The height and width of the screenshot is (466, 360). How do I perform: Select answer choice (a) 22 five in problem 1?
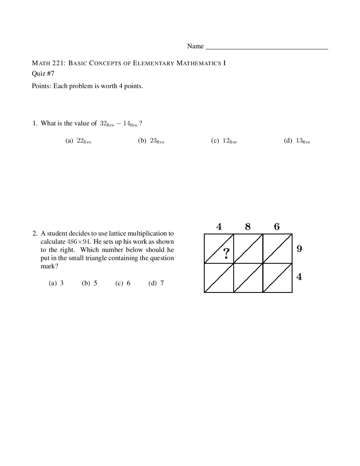[x=78, y=141]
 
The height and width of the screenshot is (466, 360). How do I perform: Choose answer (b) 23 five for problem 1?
[x=151, y=141]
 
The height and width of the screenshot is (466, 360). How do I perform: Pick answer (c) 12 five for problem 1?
[x=224, y=141]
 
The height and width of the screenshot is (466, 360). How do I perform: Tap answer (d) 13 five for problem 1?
[x=297, y=141]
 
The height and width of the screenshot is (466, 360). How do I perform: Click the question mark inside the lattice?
[x=226, y=254]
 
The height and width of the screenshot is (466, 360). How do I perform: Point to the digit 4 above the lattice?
[x=219, y=227]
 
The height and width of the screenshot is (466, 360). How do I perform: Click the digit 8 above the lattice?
[x=248, y=227]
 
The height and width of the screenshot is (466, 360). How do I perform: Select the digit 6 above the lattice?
[x=277, y=227]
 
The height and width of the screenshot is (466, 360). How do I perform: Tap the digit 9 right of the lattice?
[x=299, y=249]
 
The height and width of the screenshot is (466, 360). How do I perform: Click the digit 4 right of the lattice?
[x=299, y=277]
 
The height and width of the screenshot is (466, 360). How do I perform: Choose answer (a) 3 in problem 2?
[x=56, y=283]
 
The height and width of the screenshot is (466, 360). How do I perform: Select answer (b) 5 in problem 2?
[x=89, y=283]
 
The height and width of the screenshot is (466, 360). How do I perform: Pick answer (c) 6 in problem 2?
[x=123, y=283]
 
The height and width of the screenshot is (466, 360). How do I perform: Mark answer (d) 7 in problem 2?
[x=156, y=283]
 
